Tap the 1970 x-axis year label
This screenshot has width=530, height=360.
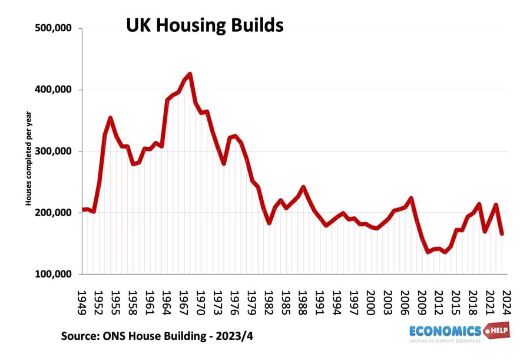(x=201, y=301)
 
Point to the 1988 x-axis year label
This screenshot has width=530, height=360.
(x=303, y=301)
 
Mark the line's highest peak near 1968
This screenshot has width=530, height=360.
(x=190, y=74)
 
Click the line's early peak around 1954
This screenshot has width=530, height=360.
(x=110, y=118)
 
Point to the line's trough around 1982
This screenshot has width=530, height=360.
(x=269, y=223)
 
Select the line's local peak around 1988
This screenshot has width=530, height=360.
(x=303, y=187)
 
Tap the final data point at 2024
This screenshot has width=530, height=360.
(x=502, y=234)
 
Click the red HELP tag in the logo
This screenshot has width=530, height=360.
(x=496, y=329)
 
